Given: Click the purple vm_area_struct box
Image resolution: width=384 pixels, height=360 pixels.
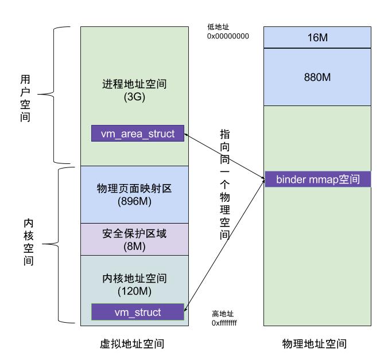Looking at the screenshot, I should (x=137, y=134).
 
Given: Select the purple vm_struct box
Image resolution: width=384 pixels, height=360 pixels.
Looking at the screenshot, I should (x=138, y=312).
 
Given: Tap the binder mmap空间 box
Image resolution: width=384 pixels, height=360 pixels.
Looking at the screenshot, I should (x=317, y=179).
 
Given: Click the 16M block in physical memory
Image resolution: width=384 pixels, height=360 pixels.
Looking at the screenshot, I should (x=317, y=38).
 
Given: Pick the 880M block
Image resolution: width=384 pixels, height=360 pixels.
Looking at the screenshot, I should (x=317, y=77).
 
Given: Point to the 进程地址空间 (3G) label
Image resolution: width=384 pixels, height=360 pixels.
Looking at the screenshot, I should (x=134, y=91).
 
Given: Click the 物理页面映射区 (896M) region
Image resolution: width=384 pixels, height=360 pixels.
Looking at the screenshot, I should (x=134, y=194).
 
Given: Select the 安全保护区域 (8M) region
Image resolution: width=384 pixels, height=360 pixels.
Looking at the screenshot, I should (x=134, y=240).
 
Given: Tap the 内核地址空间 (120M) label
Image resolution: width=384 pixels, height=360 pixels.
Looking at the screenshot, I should (x=134, y=285).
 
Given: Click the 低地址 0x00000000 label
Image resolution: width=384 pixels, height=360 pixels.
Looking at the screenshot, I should (x=227, y=32).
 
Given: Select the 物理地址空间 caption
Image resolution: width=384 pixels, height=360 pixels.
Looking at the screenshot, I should (x=317, y=344).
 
